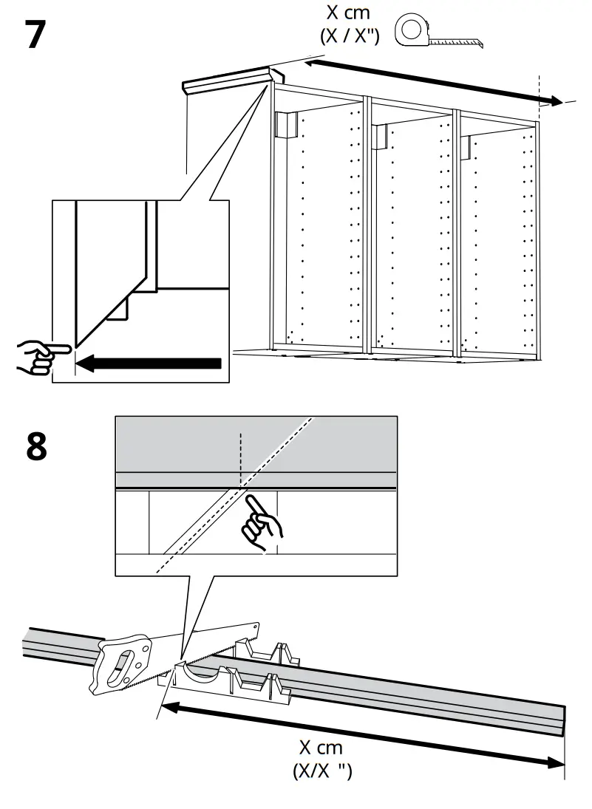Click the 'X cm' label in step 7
click(349, 13)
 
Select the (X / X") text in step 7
click(349, 36)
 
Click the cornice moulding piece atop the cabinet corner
click(229, 82)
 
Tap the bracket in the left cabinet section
click(287, 125)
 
